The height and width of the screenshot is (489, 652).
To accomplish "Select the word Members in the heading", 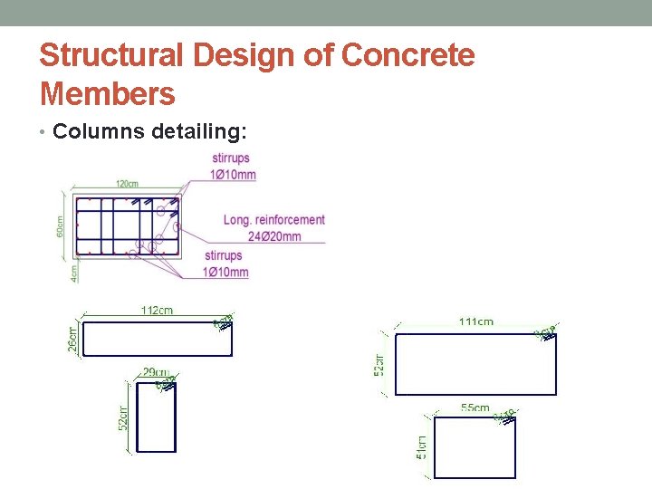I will click(x=107, y=93).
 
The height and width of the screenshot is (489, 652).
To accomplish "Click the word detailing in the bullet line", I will click(x=199, y=132).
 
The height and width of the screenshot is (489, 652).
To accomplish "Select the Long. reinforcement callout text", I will click(x=273, y=220).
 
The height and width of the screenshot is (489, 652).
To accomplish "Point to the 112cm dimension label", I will click(x=157, y=311).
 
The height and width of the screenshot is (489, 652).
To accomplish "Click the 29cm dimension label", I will click(x=155, y=372).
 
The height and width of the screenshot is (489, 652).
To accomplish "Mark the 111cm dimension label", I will click(x=476, y=321).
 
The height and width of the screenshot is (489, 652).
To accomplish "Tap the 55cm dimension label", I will click(x=475, y=408).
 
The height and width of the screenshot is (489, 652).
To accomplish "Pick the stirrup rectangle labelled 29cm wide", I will click(x=155, y=417).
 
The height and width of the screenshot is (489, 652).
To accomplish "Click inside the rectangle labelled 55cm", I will click(x=475, y=446).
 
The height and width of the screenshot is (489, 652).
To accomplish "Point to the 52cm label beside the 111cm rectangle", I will click(x=380, y=364).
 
